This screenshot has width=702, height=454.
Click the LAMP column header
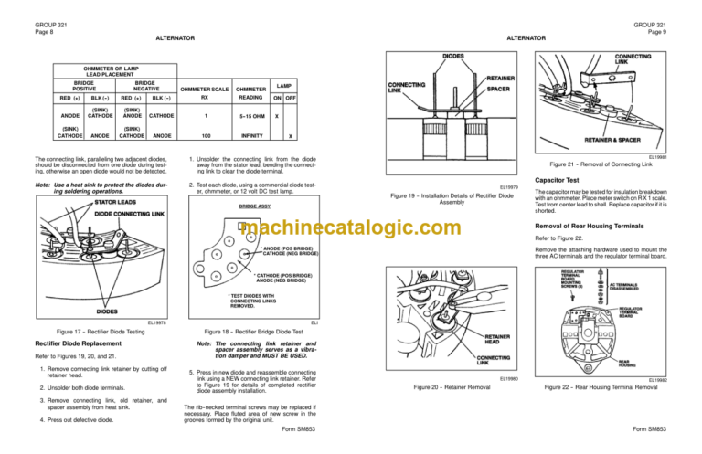point(284,81)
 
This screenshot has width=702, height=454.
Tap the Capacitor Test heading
point(558,181)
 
